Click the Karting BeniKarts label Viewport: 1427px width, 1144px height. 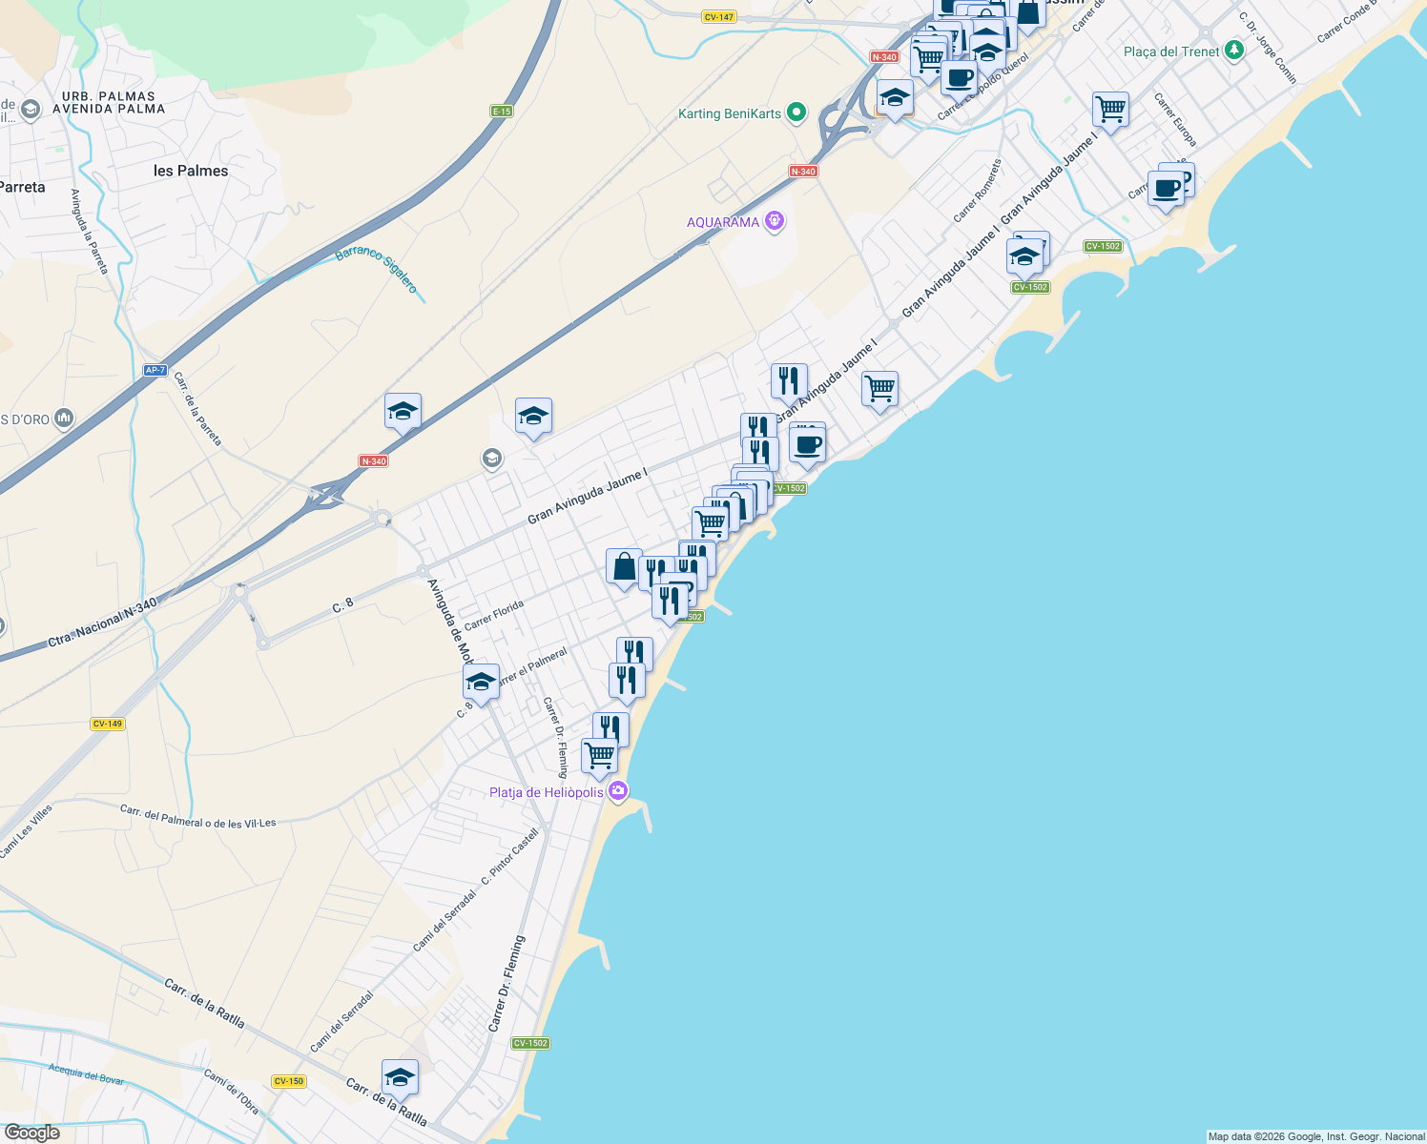(730, 113)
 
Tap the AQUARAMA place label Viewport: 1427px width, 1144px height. (723, 222)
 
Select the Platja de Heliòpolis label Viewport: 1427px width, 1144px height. (547, 792)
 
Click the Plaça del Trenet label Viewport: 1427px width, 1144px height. (1171, 51)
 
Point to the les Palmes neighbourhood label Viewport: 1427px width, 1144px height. (191, 171)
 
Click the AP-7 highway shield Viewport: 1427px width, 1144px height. (155, 370)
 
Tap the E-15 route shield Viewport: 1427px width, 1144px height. (502, 112)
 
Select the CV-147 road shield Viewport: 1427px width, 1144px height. (718, 17)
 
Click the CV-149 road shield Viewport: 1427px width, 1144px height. (108, 724)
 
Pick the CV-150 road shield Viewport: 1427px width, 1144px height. (288, 1081)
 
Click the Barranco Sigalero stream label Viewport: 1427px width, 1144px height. (377, 270)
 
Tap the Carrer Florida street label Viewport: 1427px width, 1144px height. (494, 616)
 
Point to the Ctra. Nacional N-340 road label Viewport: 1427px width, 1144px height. (103, 623)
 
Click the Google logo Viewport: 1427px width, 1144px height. (31, 1133)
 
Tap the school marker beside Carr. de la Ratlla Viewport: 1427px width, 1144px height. (400, 1077)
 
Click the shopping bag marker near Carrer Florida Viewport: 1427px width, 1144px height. (624, 568)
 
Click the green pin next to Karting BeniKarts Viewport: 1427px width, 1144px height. (796, 112)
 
